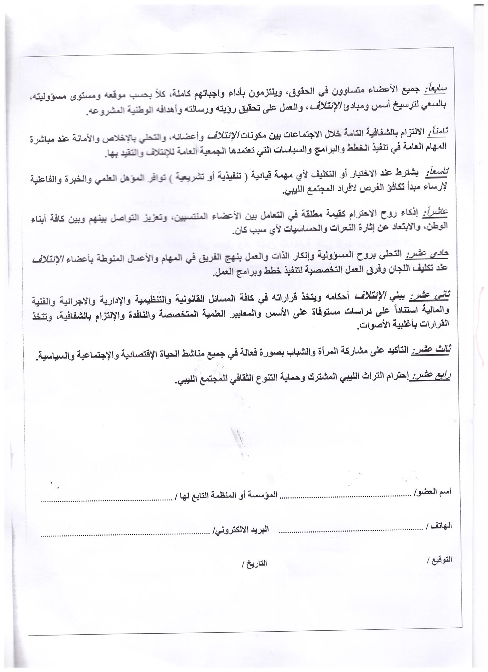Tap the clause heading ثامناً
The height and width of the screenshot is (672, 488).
click(438, 131)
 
